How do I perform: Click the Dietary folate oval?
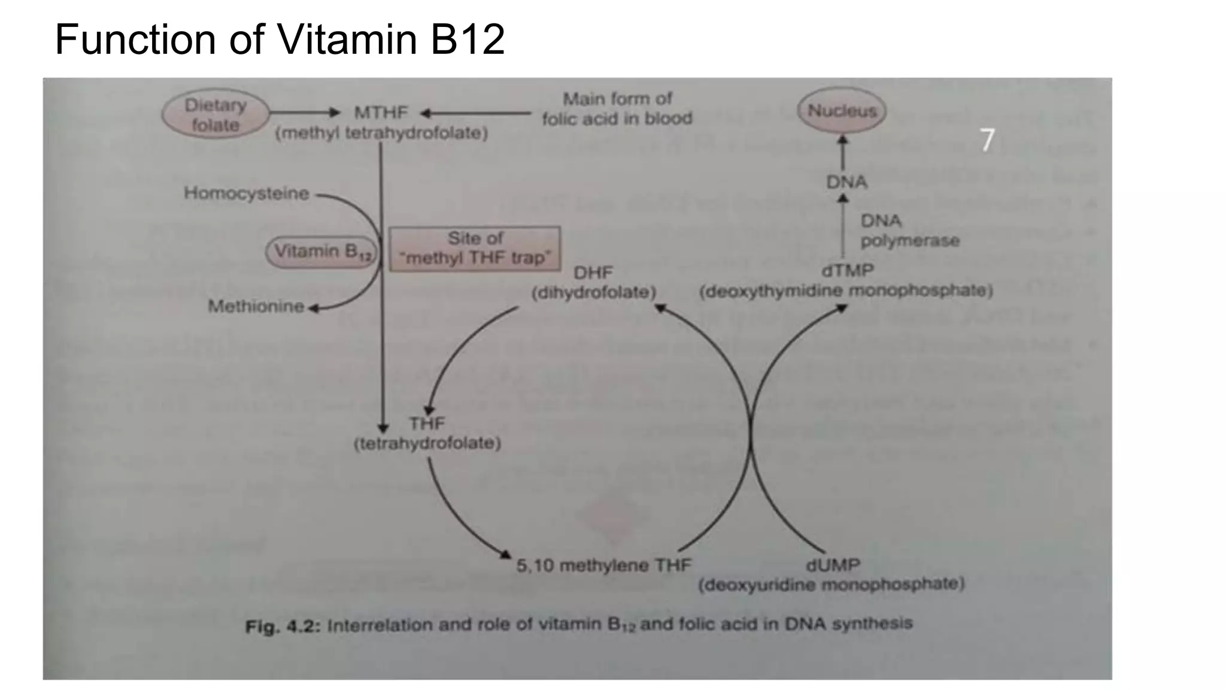tap(216, 114)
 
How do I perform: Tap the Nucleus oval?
tap(842, 111)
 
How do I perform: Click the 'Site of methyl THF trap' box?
tap(475, 248)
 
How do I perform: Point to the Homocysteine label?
tap(246, 193)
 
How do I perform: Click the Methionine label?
tap(256, 306)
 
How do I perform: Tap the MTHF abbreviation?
tap(381, 113)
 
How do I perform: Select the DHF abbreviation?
tap(593, 273)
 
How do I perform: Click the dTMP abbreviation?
tap(847, 271)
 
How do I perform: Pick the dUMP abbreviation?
tap(832, 565)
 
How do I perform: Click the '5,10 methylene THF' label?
tap(603, 565)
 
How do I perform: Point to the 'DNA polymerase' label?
tap(909, 231)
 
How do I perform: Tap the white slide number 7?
tap(987, 140)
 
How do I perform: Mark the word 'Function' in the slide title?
tap(135, 40)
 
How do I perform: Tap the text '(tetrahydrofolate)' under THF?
tap(427, 444)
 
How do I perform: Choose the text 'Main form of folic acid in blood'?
tap(617, 108)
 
